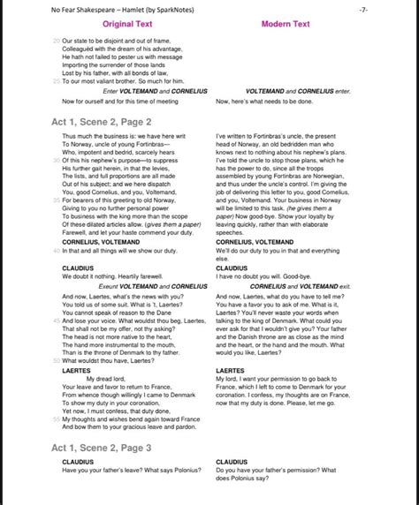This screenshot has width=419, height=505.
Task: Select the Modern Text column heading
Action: click(288, 24)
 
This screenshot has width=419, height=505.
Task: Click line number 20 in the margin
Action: click(57, 41)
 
